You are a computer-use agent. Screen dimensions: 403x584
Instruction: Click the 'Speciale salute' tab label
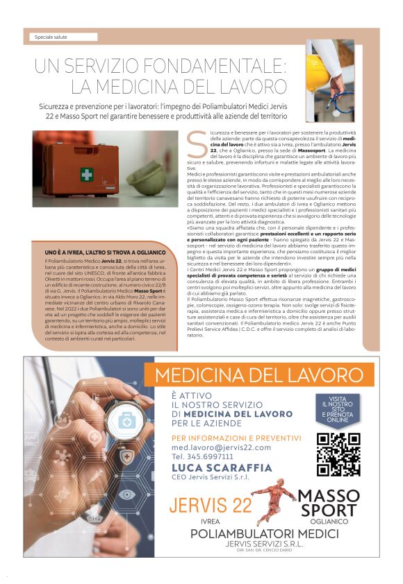pyautogui.click(x=51, y=37)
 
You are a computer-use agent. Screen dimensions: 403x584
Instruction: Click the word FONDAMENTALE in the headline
pyautogui.click(x=224, y=67)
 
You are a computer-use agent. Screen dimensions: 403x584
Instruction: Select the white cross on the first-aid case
pyautogui.click(x=86, y=174)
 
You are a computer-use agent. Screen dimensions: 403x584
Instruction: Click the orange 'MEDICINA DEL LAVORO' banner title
pyautogui.click(x=264, y=375)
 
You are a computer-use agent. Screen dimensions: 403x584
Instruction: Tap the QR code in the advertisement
pyautogui.click(x=338, y=454)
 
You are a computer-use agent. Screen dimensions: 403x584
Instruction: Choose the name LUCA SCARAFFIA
pyautogui.click(x=222, y=468)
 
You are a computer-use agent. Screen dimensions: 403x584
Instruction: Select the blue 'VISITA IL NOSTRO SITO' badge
pyautogui.click(x=339, y=410)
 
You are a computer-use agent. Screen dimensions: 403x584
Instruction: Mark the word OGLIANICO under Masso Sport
pyautogui.click(x=329, y=521)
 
